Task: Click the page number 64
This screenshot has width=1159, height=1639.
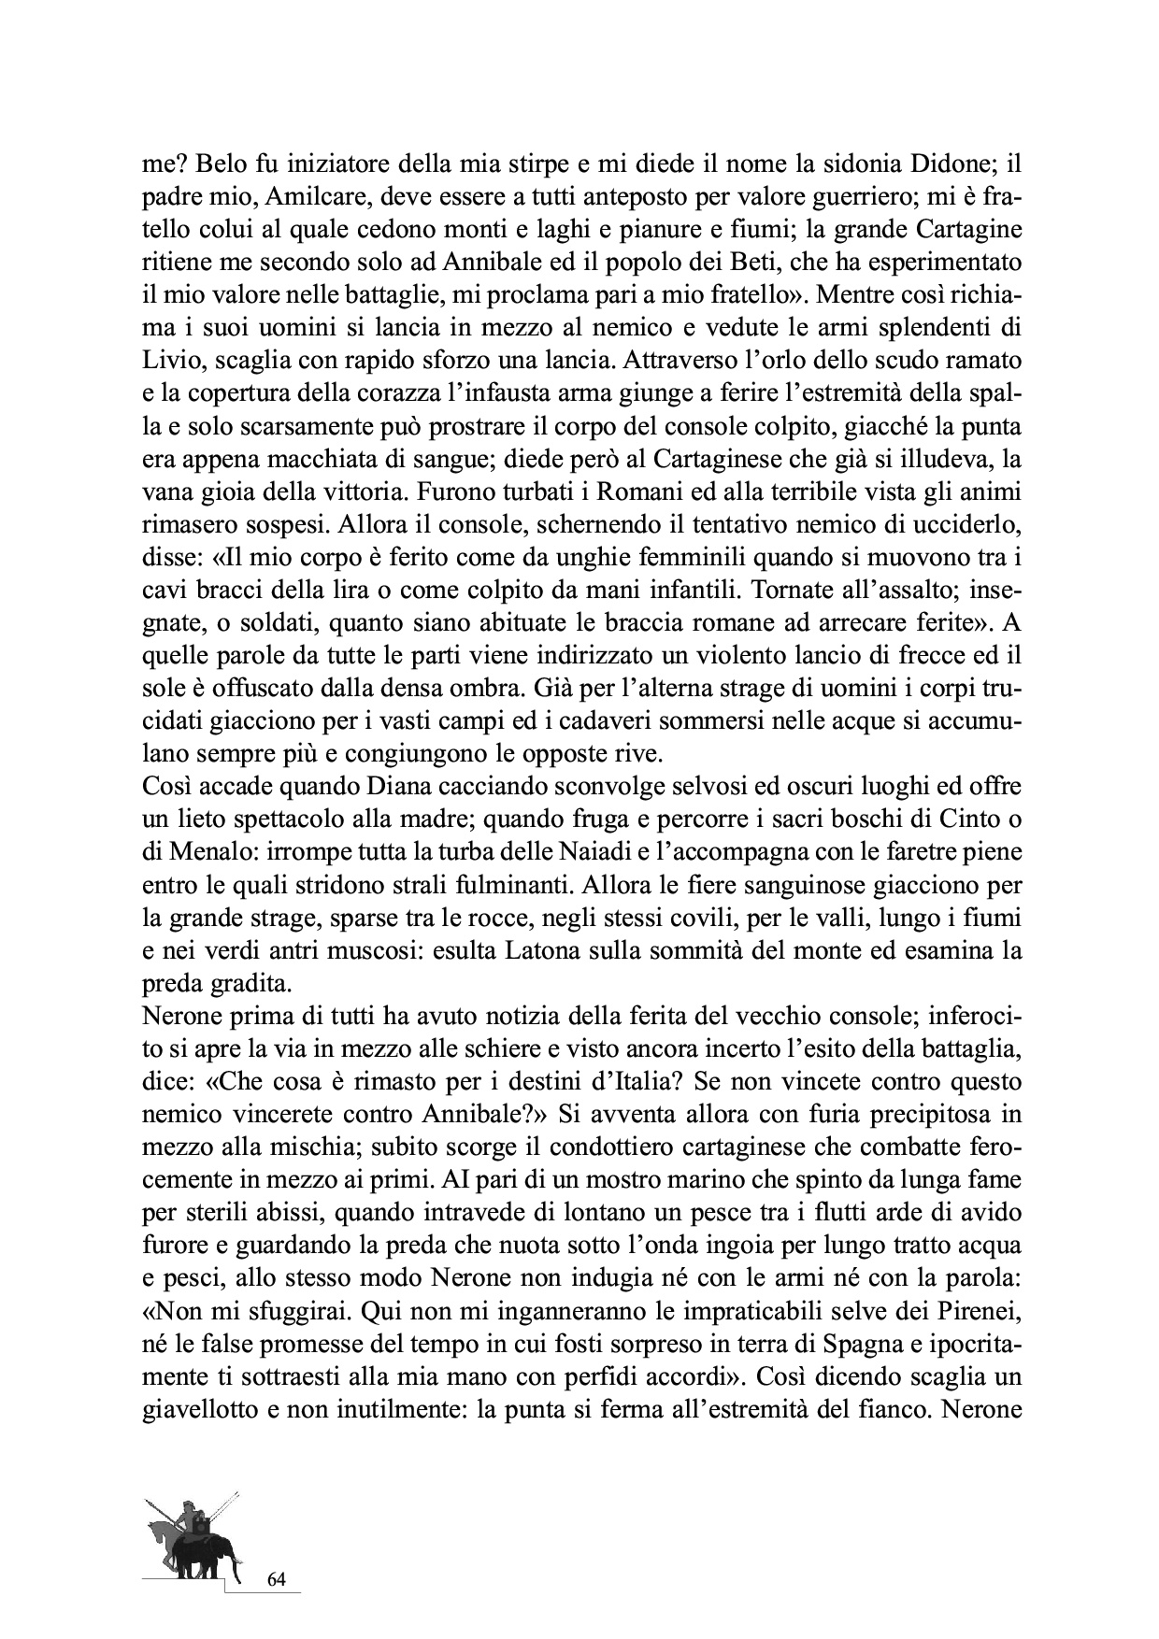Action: [277, 1580]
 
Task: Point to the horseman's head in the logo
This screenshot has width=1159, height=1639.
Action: [189, 1506]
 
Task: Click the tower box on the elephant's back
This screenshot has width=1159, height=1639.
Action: [201, 1527]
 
